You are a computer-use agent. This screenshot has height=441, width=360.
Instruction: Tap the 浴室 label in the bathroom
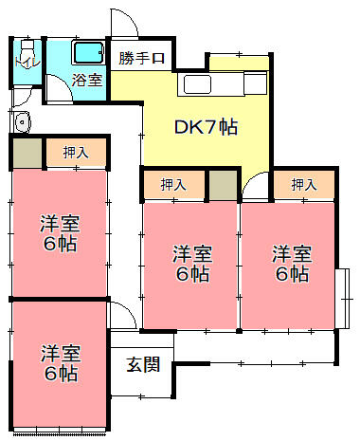pyautogui.click(x=88, y=80)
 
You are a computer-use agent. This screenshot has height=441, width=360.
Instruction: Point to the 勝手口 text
pyautogui.click(x=141, y=59)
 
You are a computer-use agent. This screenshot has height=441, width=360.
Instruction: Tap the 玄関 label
pyautogui.click(x=144, y=362)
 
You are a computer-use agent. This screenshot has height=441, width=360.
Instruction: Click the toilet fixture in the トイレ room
pyautogui.click(x=26, y=48)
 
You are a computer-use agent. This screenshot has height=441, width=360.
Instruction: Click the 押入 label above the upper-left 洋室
pyautogui.click(x=77, y=153)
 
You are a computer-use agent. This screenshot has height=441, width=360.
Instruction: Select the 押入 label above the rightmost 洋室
pyautogui.click(x=304, y=184)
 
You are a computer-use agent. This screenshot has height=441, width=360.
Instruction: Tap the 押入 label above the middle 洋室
pyautogui.click(x=173, y=184)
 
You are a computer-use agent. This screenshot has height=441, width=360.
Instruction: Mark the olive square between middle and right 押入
pyautogui.click(x=222, y=183)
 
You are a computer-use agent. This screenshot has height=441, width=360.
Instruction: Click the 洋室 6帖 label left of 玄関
pyautogui.click(x=60, y=363)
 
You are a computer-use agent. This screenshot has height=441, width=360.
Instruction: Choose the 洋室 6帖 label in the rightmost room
pyautogui.click(x=292, y=264)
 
